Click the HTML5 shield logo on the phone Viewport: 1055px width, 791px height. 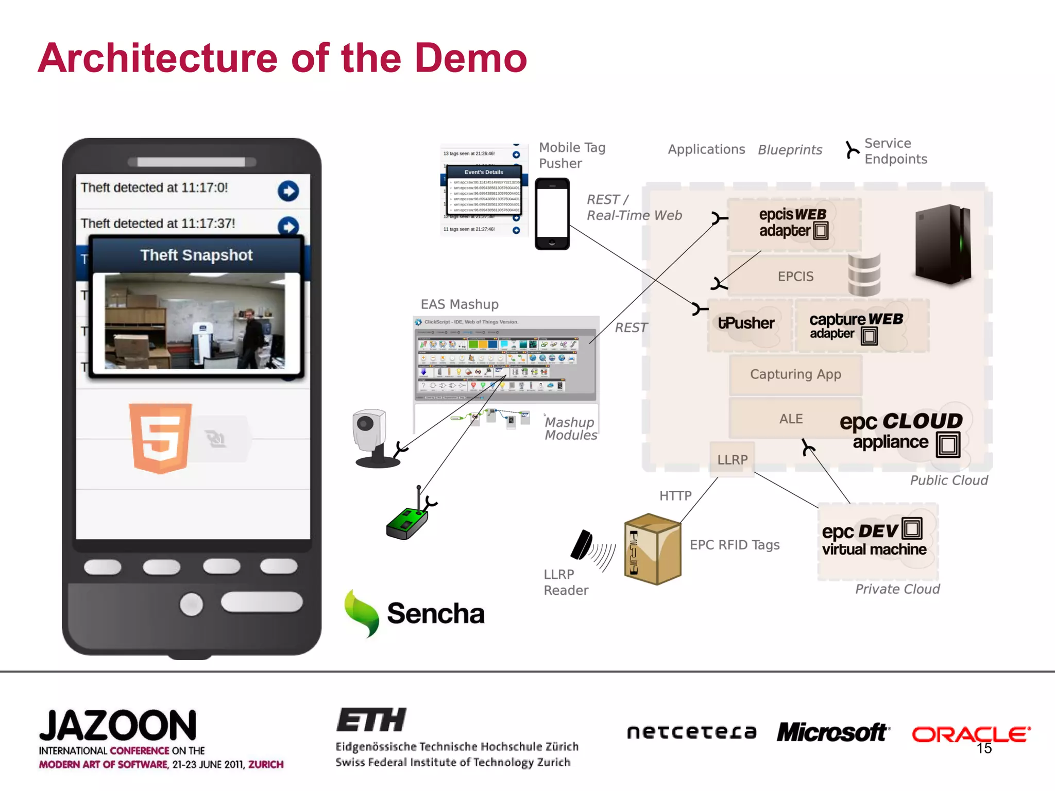160,438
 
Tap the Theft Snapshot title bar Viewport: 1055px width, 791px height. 196,255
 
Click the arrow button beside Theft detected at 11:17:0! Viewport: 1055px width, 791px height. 288,191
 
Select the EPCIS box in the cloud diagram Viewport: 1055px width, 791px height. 795,277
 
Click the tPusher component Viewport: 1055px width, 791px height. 746,323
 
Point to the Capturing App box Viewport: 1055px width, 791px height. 795,374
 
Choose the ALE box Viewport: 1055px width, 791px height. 791,419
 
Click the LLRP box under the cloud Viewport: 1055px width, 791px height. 732,459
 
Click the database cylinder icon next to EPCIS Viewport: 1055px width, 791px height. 864,274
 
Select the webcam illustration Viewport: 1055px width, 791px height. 372,438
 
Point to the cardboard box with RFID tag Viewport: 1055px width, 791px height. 652,549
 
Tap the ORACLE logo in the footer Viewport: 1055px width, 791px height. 971,734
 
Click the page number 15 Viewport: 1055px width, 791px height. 984,749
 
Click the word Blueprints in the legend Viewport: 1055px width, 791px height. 790,150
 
